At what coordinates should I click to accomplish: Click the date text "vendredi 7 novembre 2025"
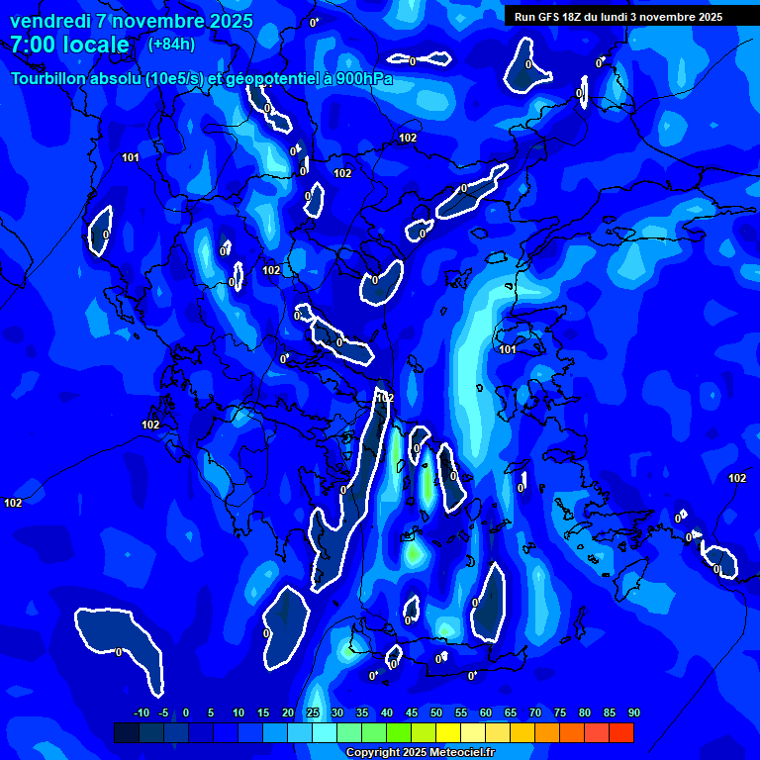click(131, 21)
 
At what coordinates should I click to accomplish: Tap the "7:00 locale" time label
click(69, 45)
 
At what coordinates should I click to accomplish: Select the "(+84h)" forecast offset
click(171, 45)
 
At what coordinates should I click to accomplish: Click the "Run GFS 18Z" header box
click(618, 17)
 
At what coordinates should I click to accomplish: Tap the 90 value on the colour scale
click(633, 713)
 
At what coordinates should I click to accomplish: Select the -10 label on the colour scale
click(142, 713)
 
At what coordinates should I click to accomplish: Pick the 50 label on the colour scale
click(436, 713)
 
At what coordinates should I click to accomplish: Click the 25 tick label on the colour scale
click(313, 713)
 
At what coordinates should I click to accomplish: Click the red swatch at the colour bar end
click(620, 732)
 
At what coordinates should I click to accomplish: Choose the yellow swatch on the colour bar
click(447, 732)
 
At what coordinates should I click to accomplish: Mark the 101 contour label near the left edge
click(131, 157)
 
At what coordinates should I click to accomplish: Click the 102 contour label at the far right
click(737, 478)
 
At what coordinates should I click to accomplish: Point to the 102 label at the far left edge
click(13, 503)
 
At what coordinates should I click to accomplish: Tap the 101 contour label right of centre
click(508, 349)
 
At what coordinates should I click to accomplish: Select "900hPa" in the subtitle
click(361, 79)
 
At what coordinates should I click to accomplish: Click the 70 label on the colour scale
click(535, 713)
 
